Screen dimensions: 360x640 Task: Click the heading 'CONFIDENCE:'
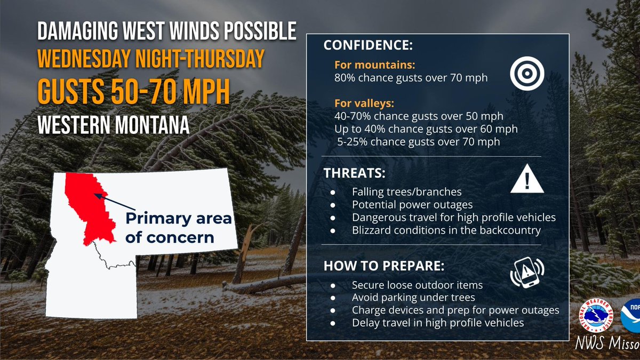tap(367, 46)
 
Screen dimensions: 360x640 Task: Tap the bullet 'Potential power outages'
tap(412, 204)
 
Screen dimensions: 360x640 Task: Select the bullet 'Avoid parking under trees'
tap(413, 297)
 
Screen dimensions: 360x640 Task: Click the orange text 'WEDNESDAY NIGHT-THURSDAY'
tap(150, 58)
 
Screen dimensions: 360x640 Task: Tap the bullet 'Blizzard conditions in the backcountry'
tap(446, 230)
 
